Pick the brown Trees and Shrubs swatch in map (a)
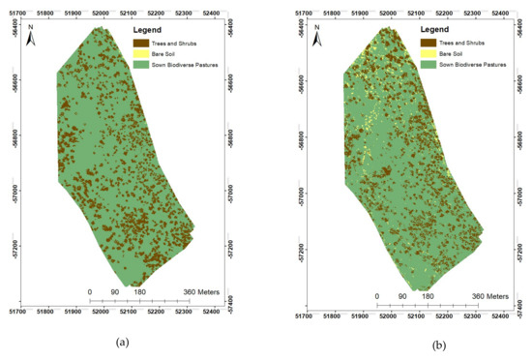click(x=140, y=44)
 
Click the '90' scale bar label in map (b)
click(x=402, y=296)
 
